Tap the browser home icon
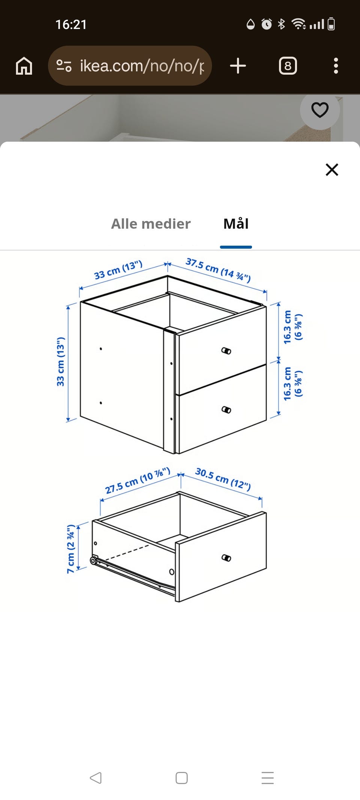point(24,66)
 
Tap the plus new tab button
point(238,66)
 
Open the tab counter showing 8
point(288,66)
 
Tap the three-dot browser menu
point(336,66)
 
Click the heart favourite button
point(320,110)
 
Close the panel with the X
point(332,170)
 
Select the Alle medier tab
point(151,224)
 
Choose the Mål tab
point(236,224)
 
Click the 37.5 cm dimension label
point(218,270)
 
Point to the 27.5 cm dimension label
point(138,480)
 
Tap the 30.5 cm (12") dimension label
point(223,479)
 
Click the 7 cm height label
point(71,549)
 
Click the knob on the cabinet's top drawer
point(226,351)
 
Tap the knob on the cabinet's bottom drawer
point(226,410)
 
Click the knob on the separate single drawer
point(226,558)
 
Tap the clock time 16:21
point(71,25)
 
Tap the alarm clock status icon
point(266,24)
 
